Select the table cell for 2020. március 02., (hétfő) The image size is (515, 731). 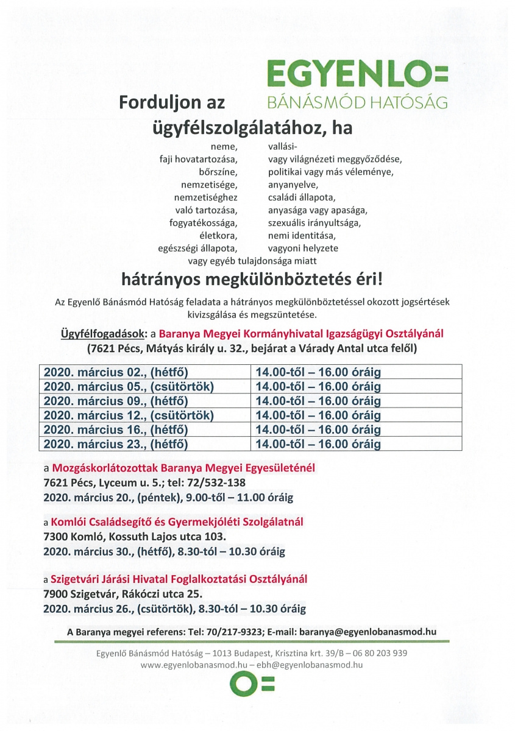144,372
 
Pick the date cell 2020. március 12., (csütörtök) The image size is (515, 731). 144,416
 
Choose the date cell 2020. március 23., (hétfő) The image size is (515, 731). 144,444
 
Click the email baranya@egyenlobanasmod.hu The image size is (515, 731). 374,632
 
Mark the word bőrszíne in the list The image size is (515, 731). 218,171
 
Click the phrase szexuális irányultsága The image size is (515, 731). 314,222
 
